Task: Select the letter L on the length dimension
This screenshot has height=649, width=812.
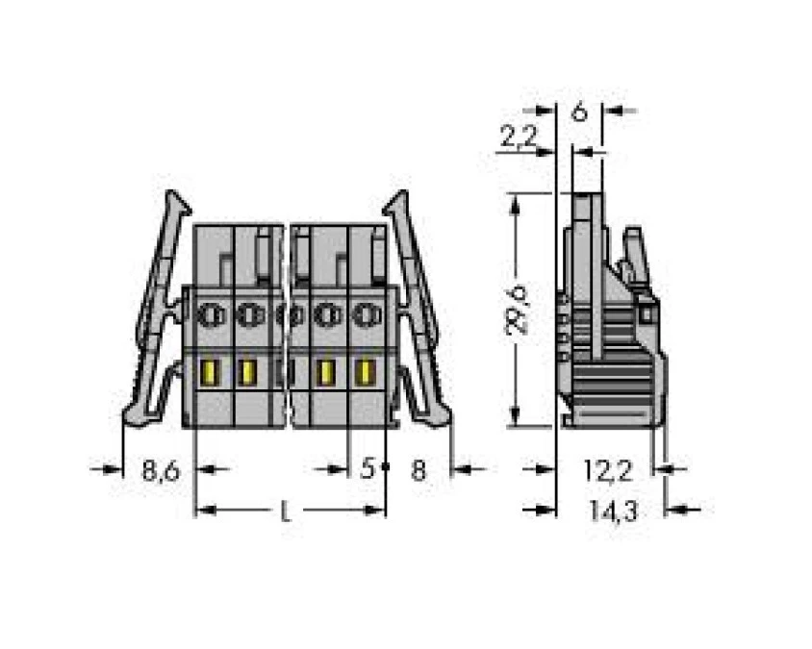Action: point(285,512)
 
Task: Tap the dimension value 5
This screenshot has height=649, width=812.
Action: point(367,469)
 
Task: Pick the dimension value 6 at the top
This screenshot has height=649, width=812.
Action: point(579,112)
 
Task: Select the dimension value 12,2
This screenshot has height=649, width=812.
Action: point(607,470)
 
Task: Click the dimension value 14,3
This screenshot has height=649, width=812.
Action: point(613,512)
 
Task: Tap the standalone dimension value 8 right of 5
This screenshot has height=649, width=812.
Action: point(418,470)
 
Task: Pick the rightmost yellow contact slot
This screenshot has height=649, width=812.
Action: point(365,371)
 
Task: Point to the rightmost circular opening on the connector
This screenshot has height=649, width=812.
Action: point(363,313)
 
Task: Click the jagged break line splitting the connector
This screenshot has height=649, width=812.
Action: point(287,327)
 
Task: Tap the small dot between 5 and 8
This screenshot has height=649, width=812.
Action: point(385,468)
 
